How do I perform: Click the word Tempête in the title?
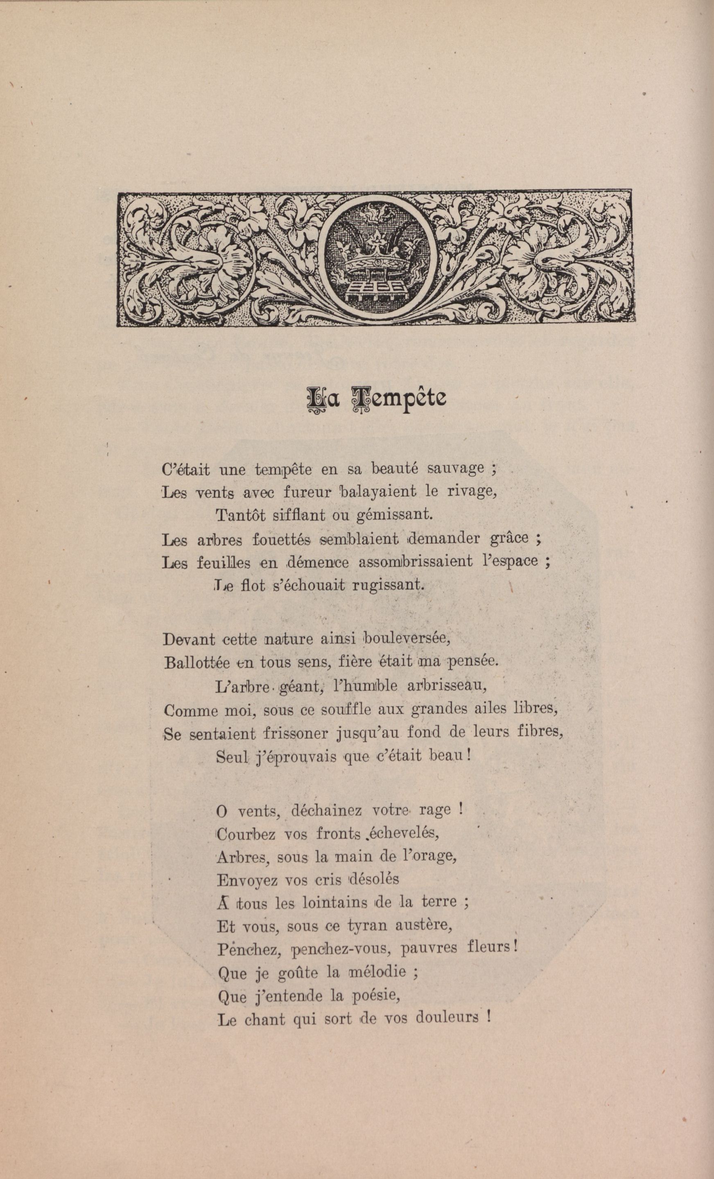click(399, 398)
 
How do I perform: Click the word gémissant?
click(394, 516)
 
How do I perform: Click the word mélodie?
click(384, 972)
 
